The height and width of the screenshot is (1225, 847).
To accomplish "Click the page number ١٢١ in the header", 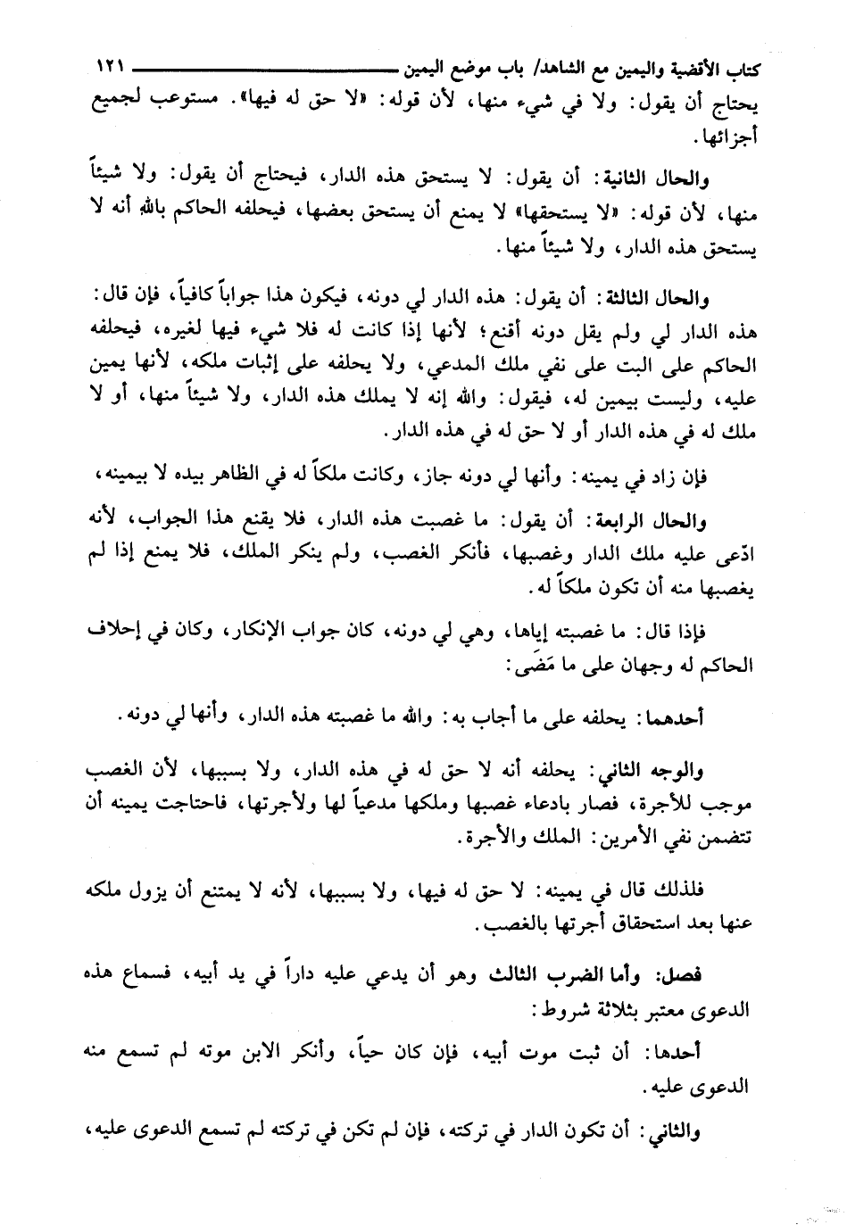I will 110,68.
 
